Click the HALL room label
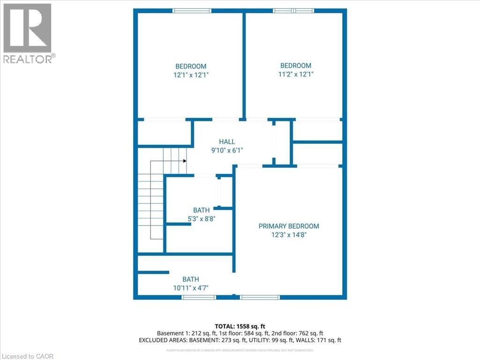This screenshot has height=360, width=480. [x=227, y=142]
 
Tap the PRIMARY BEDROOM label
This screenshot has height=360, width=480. [x=289, y=226]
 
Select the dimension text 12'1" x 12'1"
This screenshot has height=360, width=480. [x=191, y=75]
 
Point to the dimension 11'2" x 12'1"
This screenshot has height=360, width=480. [x=295, y=74]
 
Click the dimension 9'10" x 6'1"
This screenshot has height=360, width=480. [x=227, y=150]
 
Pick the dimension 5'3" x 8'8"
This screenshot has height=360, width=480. [x=201, y=218]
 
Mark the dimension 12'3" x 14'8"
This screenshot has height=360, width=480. [x=289, y=234]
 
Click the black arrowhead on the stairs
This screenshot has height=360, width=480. [x=185, y=161]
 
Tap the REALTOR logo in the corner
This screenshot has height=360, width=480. [x=28, y=33]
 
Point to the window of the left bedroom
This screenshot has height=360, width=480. [x=192, y=11]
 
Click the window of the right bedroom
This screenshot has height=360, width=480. [x=294, y=11]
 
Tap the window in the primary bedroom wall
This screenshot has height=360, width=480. [x=260, y=297]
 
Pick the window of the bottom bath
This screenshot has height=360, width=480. [x=199, y=297]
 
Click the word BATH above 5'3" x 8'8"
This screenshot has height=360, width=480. [x=201, y=210]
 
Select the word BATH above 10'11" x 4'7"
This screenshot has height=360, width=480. [x=191, y=279]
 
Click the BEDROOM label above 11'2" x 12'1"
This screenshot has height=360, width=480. [x=295, y=66]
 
